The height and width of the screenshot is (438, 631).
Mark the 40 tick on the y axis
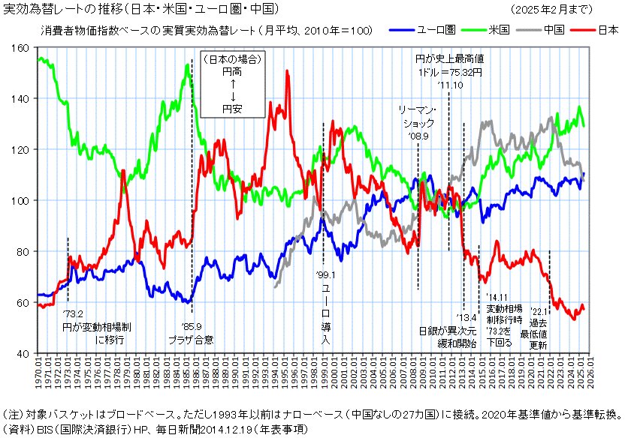click(23, 352)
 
